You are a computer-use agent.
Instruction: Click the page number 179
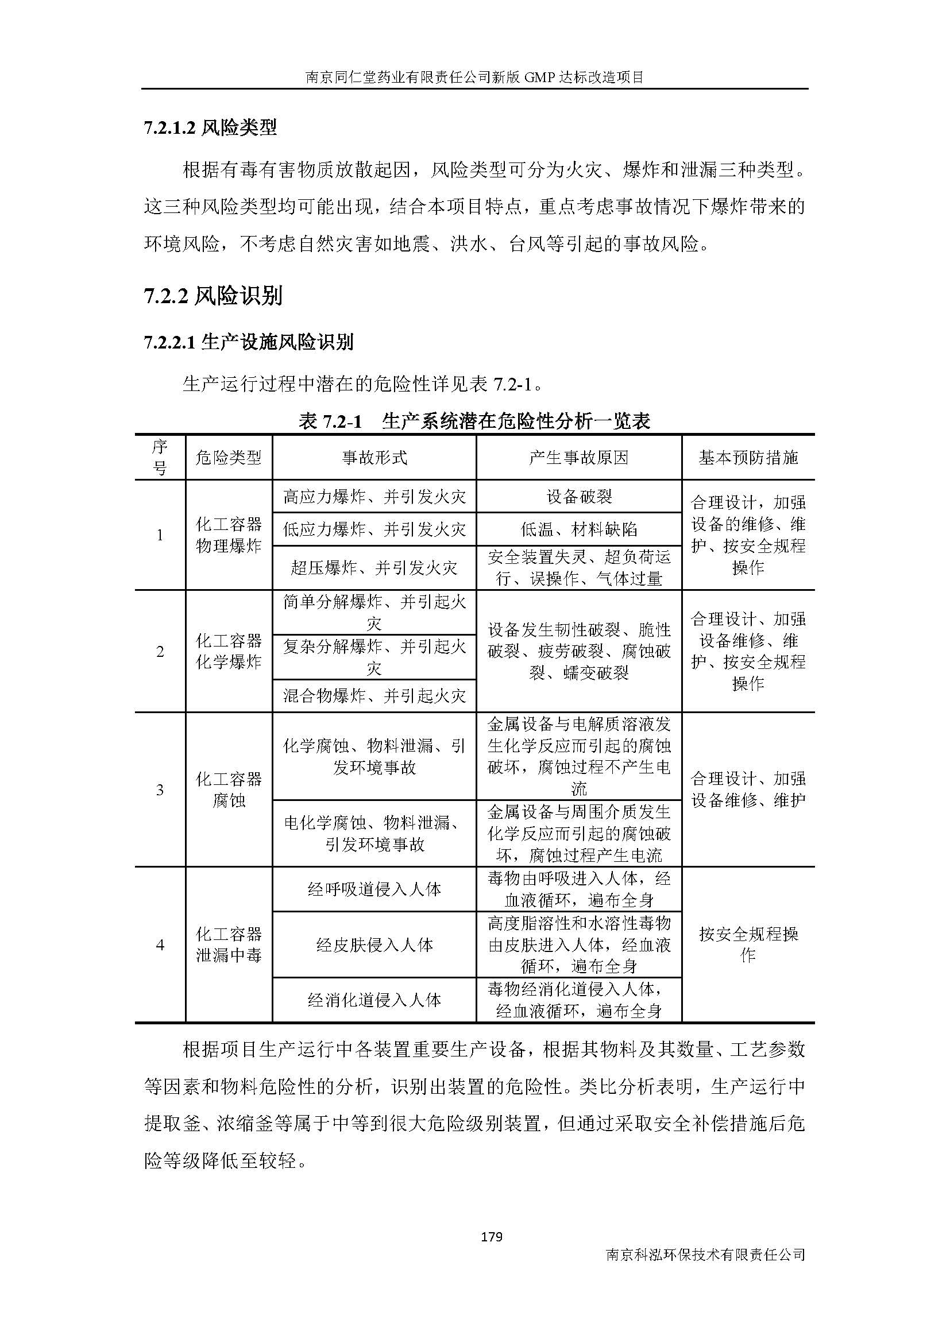point(491,1236)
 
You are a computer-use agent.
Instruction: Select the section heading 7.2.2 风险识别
point(213,296)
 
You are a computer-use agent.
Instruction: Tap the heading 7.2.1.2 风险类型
point(210,127)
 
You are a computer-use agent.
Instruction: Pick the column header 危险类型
point(228,458)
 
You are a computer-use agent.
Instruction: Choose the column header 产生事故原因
point(578,458)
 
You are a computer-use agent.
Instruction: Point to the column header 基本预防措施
point(748,458)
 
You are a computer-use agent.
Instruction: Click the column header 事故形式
point(374,458)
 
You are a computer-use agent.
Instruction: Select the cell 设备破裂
point(578,497)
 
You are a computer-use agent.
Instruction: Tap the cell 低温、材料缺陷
point(578,529)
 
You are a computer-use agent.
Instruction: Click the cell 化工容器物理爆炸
point(228,535)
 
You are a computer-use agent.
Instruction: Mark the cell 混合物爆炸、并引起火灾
point(374,695)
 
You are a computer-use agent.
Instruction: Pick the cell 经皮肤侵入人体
point(374,945)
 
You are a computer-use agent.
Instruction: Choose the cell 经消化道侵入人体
point(374,1000)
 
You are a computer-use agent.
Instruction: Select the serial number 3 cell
point(160,790)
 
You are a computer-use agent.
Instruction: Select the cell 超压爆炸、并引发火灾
point(374,567)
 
